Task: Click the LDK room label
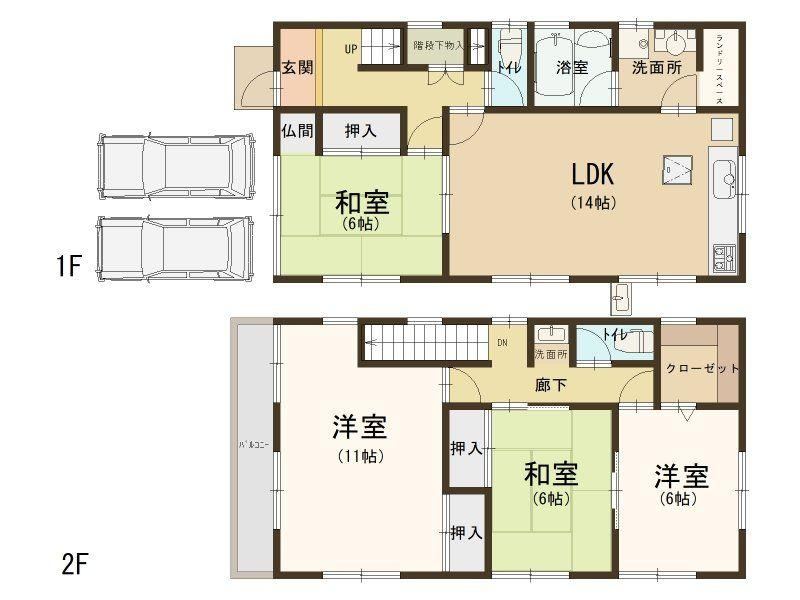point(592,174)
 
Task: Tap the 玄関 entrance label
point(297,67)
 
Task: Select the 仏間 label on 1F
point(297,131)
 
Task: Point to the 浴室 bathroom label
point(571,67)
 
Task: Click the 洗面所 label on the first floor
point(657,67)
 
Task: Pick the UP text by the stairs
point(351,49)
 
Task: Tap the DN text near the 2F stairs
point(502,343)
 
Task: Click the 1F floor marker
point(69,265)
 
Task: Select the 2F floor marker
point(74,564)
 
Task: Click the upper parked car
point(176,167)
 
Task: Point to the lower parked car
point(174,249)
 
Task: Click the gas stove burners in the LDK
point(723,258)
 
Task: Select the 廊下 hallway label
point(551,385)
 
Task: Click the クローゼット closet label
point(703,368)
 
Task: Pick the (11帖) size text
point(361,456)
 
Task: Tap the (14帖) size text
point(593,203)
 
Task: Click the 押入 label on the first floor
point(361,131)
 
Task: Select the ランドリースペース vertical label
point(720,69)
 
